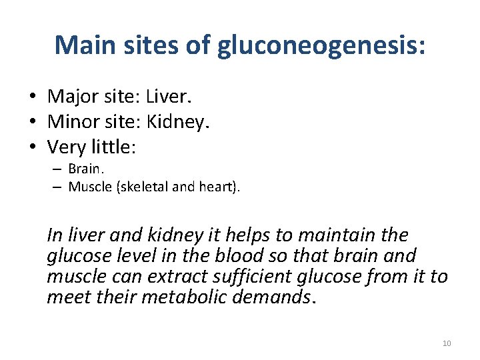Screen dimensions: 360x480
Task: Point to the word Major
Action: tap(73, 97)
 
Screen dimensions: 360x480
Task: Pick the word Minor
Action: tap(73, 121)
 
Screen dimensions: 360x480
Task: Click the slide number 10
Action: tap(447, 343)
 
